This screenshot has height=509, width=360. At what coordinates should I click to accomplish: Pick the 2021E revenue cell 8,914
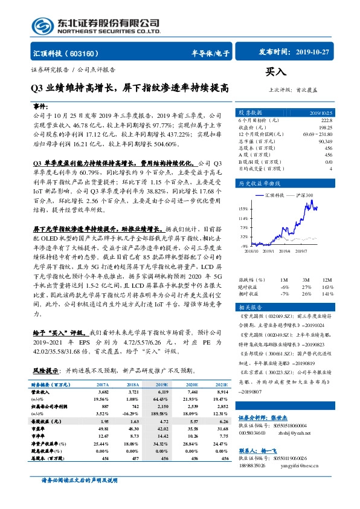click(222, 392)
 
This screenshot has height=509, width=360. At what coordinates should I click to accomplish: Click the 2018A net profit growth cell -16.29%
click(132, 413)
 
